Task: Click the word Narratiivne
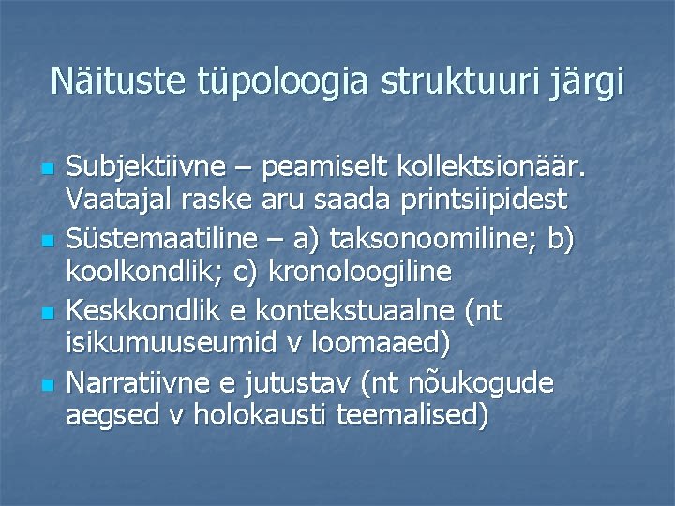point(138,381)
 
